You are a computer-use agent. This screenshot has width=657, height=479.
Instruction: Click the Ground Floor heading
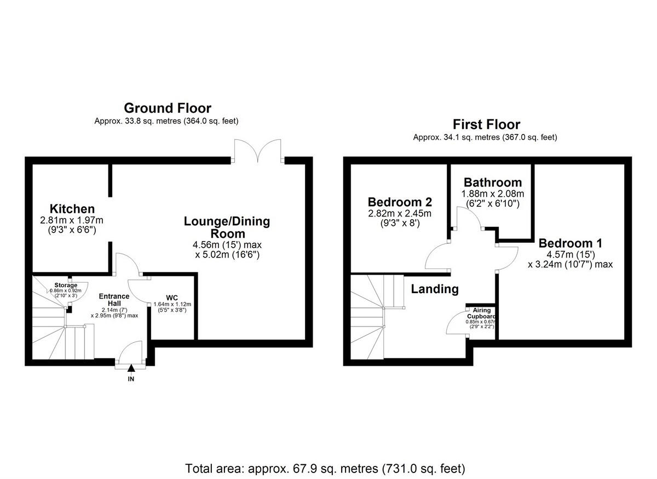tap(167, 108)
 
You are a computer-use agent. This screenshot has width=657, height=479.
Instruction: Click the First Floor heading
tap(486, 125)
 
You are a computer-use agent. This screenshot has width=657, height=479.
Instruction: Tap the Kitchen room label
tap(72, 209)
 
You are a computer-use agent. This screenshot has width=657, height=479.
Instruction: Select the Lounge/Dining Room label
tap(227, 227)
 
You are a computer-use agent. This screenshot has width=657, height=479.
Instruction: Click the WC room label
tap(172, 297)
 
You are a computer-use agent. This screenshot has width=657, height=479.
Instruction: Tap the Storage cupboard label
tap(65, 285)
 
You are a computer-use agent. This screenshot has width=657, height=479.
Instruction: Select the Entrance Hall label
tap(114, 300)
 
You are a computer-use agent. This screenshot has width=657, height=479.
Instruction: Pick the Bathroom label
tap(492, 183)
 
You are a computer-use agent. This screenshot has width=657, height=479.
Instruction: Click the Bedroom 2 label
tap(399, 201)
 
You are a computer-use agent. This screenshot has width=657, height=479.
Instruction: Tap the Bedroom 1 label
tap(569, 243)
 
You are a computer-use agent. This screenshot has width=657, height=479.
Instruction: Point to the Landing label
tap(435, 289)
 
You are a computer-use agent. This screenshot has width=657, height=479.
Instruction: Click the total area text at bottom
tap(325, 469)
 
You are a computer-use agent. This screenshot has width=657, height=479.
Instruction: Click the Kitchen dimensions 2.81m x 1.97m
tap(72, 220)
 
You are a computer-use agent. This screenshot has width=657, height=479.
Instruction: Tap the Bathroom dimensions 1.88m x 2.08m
tap(492, 194)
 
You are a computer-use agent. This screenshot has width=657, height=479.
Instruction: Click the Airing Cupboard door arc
tap(456, 323)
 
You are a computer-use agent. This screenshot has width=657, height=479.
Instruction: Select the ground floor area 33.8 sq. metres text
tap(166, 121)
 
